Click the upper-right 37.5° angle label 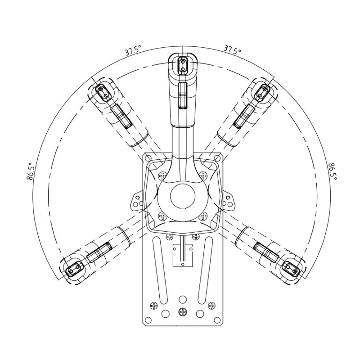tap(232, 50)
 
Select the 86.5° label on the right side tap(333, 171)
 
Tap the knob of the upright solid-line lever tap(182, 65)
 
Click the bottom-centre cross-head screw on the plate tap(182, 311)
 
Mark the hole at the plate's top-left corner tap(147, 157)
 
